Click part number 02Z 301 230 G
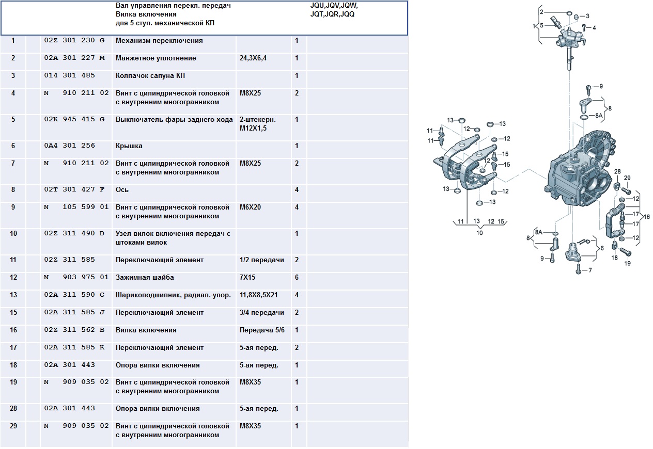pos(74,40)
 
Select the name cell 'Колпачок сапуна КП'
pos(150,75)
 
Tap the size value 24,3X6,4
pos(253,58)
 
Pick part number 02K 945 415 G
pos(74,119)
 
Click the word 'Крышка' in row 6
pos(129,146)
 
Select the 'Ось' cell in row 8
pos(122,189)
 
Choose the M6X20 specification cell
pos(250,207)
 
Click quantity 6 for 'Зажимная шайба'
pos(297,277)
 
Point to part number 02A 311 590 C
pos(74,295)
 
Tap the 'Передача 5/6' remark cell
pos(262,330)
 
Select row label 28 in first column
pos(13,408)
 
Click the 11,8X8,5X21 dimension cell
pos(258,295)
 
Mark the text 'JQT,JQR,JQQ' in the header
pos(332,14)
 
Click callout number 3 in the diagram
pos(587,16)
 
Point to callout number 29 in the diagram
pos(627,178)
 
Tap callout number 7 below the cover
pos(590,270)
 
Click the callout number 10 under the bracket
pos(479,233)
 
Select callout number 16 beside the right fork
pos(646,217)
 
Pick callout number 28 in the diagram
pos(617,171)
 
